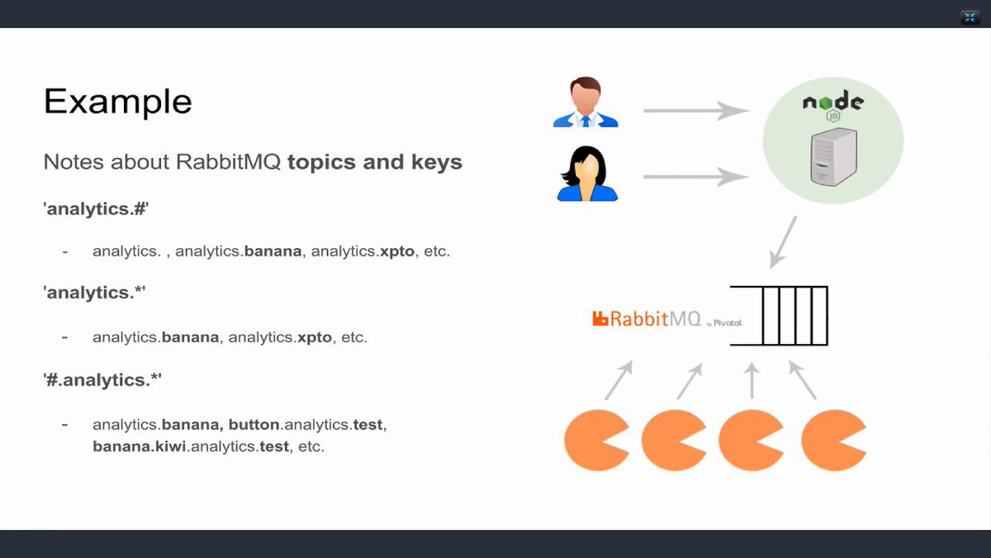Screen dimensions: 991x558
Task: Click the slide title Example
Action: click(117, 102)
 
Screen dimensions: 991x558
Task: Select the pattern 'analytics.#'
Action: click(95, 208)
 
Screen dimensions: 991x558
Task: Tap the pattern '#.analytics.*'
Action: click(102, 380)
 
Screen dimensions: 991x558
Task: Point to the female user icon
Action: click(586, 174)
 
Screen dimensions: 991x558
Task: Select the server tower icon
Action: click(832, 160)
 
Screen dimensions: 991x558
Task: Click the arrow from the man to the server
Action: click(695, 109)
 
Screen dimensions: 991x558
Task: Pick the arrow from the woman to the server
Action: click(695, 175)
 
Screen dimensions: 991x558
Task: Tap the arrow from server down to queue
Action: click(783, 241)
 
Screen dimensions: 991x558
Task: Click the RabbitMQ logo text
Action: click(647, 318)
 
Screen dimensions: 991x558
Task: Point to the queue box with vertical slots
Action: click(779, 316)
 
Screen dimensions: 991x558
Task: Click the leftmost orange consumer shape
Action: click(595, 440)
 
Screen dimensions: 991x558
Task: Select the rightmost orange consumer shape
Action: click(832, 440)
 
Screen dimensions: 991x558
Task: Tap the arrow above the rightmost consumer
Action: click(803, 379)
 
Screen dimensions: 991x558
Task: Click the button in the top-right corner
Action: click(970, 17)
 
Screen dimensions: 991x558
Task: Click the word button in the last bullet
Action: click(255, 425)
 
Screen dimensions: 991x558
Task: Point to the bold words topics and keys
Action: click(374, 162)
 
